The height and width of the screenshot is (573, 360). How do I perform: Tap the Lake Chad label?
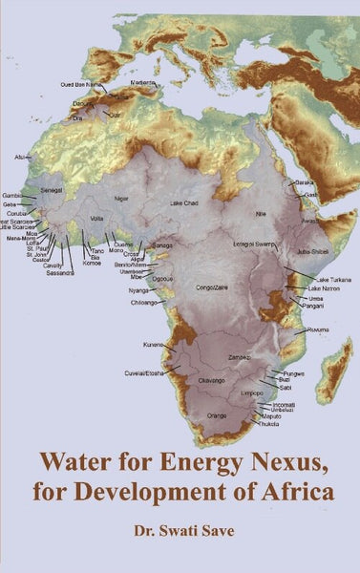point(184,204)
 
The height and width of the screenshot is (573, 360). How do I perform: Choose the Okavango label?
point(210,380)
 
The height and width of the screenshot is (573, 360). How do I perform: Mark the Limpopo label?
point(251,392)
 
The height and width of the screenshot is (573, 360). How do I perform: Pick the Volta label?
point(96,218)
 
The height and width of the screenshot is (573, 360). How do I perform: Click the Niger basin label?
point(121,198)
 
